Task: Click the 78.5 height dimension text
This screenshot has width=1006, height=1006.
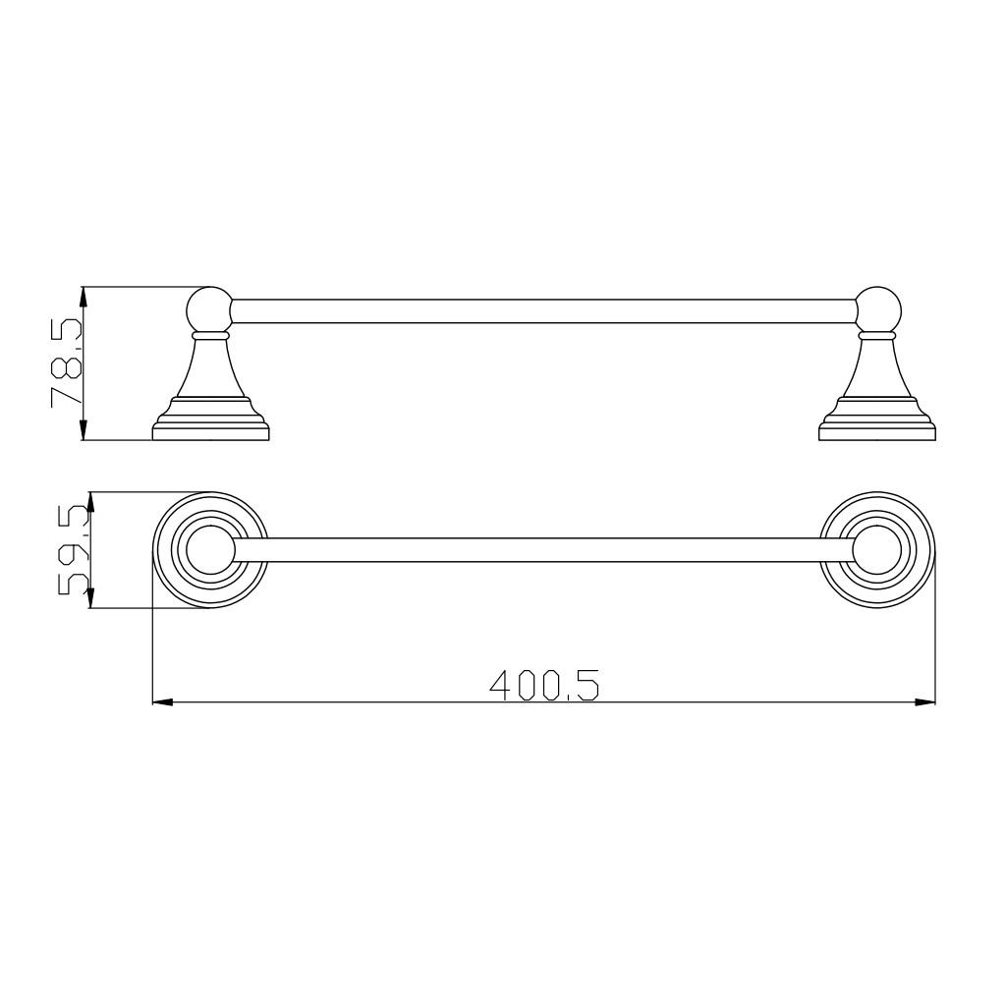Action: click(67, 363)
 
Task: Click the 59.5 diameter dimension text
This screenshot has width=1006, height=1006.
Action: click(73, 550)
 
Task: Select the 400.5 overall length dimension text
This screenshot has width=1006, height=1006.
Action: click(544, 685)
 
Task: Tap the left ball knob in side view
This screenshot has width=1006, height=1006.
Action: click(209, 310)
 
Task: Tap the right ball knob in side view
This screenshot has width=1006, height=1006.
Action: click(877, 310)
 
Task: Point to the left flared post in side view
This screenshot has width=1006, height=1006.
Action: click(210, 367)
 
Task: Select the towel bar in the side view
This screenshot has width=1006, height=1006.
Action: click(543, 311)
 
